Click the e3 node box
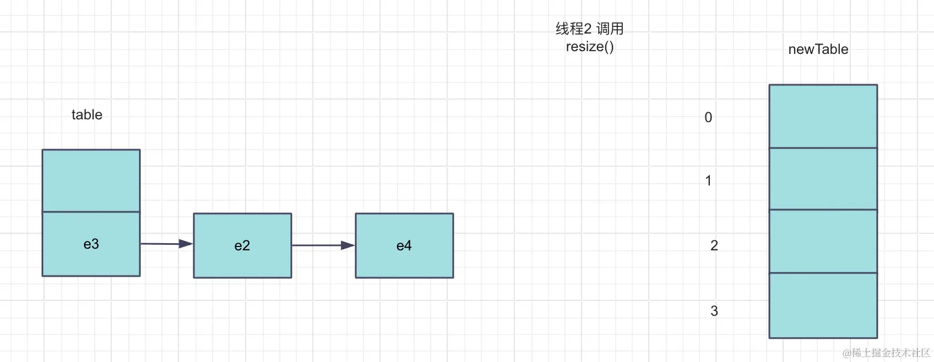(x=91, y=244)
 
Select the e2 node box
(x=242, y=245)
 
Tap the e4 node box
(x=404, y=245)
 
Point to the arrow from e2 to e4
(x=323, y=245)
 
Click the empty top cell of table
(x=91, y=180)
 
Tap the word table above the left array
(x=87, y=114)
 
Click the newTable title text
(x=818, y=50)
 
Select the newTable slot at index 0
(x=823, y=116)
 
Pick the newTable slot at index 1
(x=823, y=179)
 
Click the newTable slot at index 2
(x=823, y=241)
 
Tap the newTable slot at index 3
(x=823, y=305)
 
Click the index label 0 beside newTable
(x=708, y=117)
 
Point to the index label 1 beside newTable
(x=708, y=180)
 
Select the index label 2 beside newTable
(x=714, y=245)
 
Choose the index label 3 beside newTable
(x=714, y=311)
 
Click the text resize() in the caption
(x=590, y=47)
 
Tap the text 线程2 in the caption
(x=573, y=29)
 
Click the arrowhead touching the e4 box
(x=349, y=245)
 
